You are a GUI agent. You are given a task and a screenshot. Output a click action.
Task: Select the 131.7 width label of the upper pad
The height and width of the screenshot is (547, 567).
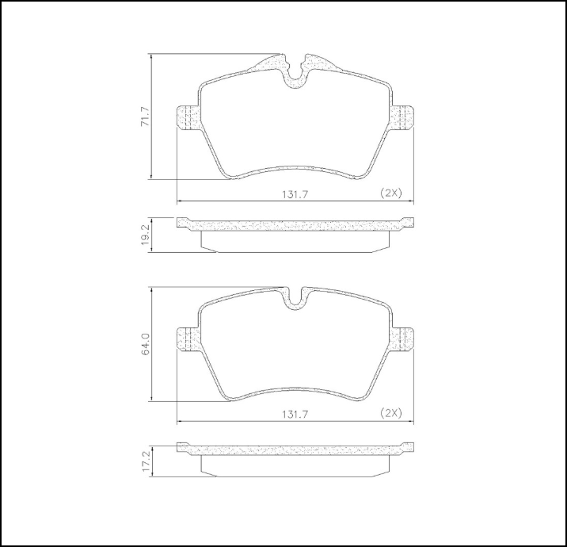click(292, 193)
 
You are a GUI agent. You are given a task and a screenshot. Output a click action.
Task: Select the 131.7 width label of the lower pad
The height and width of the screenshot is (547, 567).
click(292, 413)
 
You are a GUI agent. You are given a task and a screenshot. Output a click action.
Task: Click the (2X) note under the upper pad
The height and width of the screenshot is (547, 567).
click(390, 193)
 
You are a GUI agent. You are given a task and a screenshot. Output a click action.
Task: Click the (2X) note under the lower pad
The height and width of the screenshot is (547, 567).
click(390, 413)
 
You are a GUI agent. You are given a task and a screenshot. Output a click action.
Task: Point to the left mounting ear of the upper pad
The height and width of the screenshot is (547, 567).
click(187, 119)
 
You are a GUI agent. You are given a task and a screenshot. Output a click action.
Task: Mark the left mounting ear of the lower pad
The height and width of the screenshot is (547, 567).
click(187, 339)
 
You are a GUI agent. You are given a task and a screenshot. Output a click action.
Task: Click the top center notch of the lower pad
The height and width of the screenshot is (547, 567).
click(295, 298)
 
